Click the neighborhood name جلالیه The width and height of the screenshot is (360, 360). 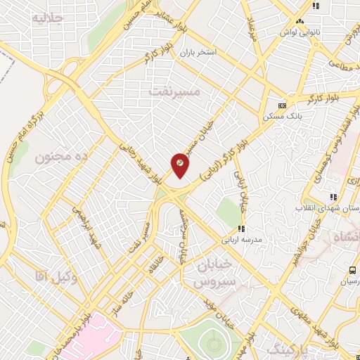click(x=47, y=20)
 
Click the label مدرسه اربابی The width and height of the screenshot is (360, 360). click(x=242, y=240)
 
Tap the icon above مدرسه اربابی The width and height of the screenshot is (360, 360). click(x=241, y=229)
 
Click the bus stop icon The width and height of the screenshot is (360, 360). click(x=352, y=271)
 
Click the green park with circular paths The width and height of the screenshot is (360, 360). click(x=215, y=338)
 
